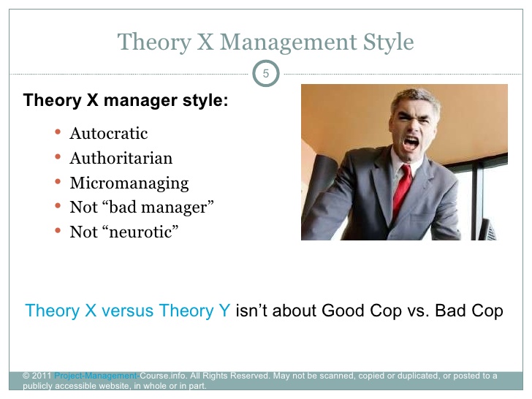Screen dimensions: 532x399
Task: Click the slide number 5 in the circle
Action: tap(266, 73)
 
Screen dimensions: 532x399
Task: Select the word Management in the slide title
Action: tap(289, 42)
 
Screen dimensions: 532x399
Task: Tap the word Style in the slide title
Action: tap(389, 42)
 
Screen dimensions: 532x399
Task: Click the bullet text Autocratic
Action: tap(109, 133)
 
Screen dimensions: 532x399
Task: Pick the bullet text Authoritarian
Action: tap(121, 158)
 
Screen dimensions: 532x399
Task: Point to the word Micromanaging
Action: tap(129, 183)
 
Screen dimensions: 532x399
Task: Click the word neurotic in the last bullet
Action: tap(140, 232)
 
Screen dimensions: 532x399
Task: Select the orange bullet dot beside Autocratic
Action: tap(58, 132)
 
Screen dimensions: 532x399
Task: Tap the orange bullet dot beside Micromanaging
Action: tap(58, 181)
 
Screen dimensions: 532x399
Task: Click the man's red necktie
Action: tap(403, 189)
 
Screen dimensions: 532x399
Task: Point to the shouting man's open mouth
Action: tap(411, 142)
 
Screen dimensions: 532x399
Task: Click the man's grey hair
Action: tap(417, 99)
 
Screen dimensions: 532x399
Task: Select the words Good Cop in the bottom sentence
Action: tap(362, 311)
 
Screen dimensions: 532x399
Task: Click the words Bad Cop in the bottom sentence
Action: tap(469, 311)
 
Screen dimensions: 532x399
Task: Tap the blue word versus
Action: tap(128, 311)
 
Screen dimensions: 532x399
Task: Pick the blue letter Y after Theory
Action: tap(224, 311)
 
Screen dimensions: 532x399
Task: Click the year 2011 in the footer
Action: tap(42, 376)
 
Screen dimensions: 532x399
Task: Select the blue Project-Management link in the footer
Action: tap(97, 376)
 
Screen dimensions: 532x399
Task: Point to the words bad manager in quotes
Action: tap(159, 208)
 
